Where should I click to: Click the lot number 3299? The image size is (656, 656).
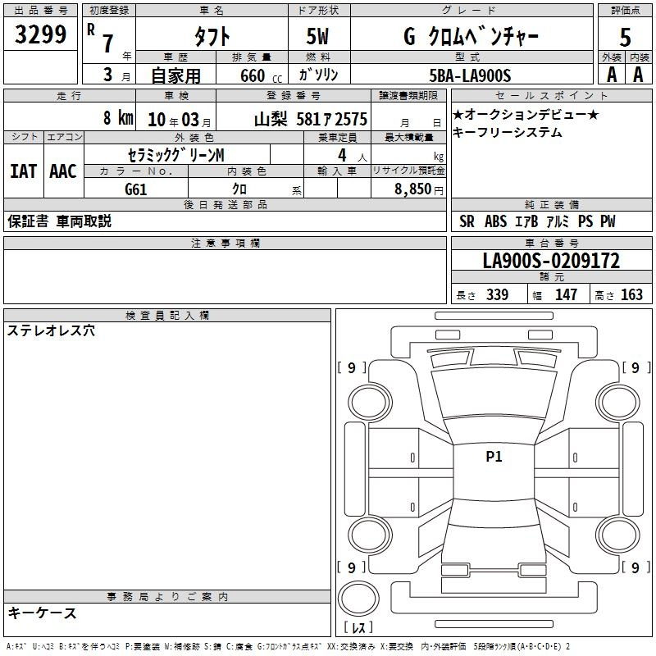point(40,34)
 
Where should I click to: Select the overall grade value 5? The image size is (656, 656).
point(625,37)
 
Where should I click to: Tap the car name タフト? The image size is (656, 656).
point(212,36)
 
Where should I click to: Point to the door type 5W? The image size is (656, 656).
point(317,36)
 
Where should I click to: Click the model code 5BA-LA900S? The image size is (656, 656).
point(470,75)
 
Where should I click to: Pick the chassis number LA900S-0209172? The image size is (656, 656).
point(551,261)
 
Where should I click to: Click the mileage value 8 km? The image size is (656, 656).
point(118,117)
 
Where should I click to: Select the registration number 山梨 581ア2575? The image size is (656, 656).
point(311,119)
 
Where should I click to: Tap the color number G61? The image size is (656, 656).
point(136,189)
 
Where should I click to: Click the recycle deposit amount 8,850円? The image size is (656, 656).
point(419,189)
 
